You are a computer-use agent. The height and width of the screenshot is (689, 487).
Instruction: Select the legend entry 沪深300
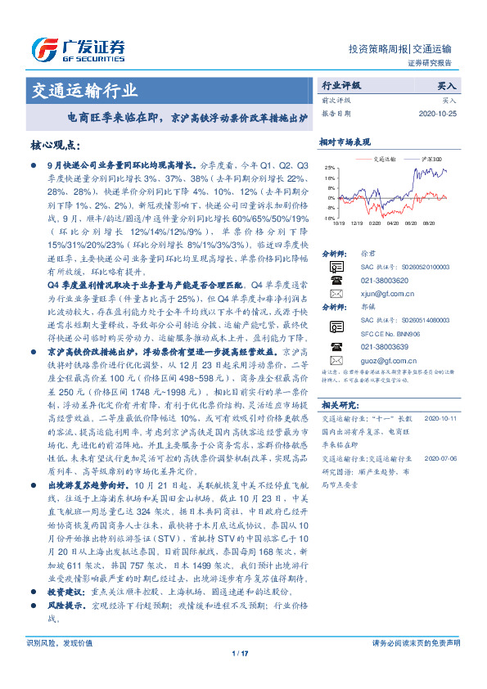pyautogui.click(x=431, y=158)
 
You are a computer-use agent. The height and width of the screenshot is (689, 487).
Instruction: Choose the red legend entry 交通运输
pyautogui.click(x=383, y=158)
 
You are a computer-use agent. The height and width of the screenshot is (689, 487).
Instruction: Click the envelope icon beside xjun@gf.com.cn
pyautogui.click(x=334, y=292)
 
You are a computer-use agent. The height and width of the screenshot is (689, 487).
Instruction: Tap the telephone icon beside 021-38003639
pyautogui.click(x=334, y=346)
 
